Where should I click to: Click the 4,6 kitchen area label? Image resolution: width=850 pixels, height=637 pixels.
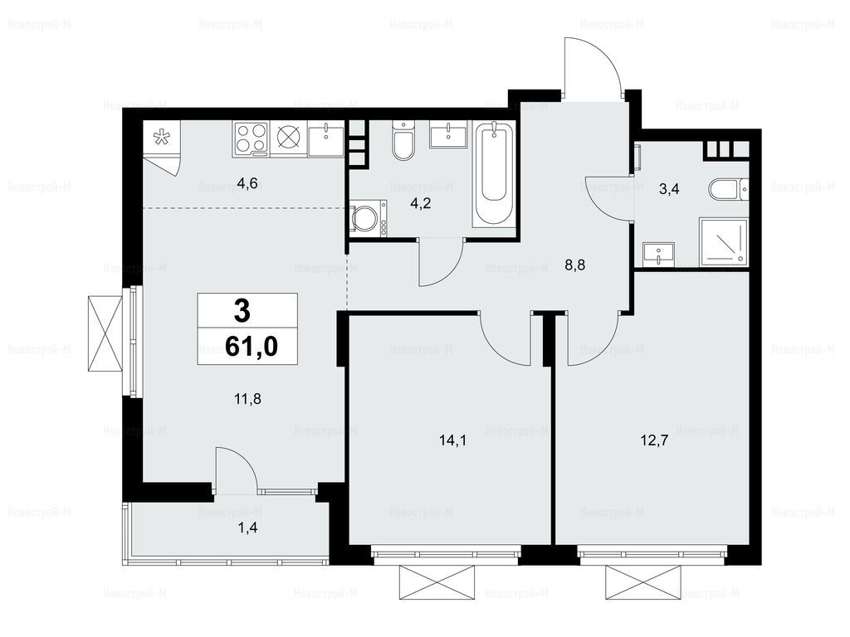coord(247,184)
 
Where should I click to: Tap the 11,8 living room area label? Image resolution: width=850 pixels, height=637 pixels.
coord(247,400)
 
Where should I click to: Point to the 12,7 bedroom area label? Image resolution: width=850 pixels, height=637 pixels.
coord(654,440)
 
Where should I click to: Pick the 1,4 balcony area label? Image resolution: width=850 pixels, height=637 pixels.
coord(247,527)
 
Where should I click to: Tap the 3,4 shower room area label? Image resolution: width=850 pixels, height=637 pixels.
coord(669,190)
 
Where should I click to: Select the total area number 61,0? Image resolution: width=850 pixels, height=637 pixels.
coord(251,346)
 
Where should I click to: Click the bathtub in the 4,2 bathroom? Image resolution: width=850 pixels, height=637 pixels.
coord(493,174)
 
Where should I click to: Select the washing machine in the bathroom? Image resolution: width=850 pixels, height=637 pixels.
coord(368,218)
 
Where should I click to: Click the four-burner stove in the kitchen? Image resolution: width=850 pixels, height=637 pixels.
coord(251,139)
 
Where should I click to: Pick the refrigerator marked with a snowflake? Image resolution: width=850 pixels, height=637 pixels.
coord(161,139)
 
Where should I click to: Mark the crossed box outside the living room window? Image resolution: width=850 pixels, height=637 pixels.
coord(105,333)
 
